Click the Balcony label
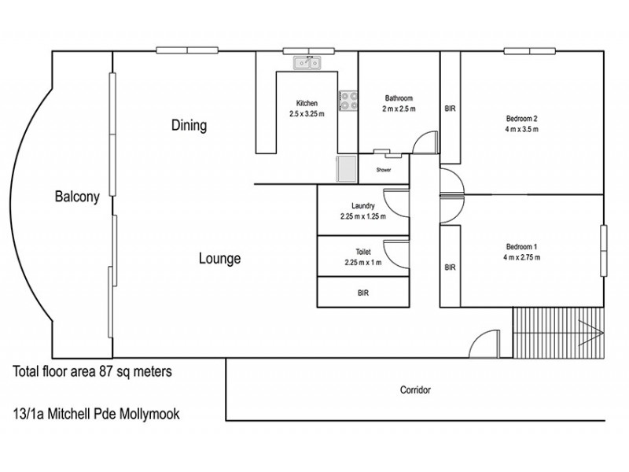click(76, 197)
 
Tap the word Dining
click(189, 125)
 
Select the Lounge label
click(219, 259)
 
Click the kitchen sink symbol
click(307, 62)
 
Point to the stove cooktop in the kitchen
click(348, 101)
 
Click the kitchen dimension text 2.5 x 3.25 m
click(307, 113)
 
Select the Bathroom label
click(399, 98)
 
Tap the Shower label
click(384, 170)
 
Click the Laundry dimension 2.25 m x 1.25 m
click(363, 216)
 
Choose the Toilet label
click(363, 252)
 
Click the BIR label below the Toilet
click(363, 293)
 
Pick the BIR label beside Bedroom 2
click(450, 109)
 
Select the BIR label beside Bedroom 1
click(450, 267)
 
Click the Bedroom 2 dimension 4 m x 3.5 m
click(521, 130)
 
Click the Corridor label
click(415, 389)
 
